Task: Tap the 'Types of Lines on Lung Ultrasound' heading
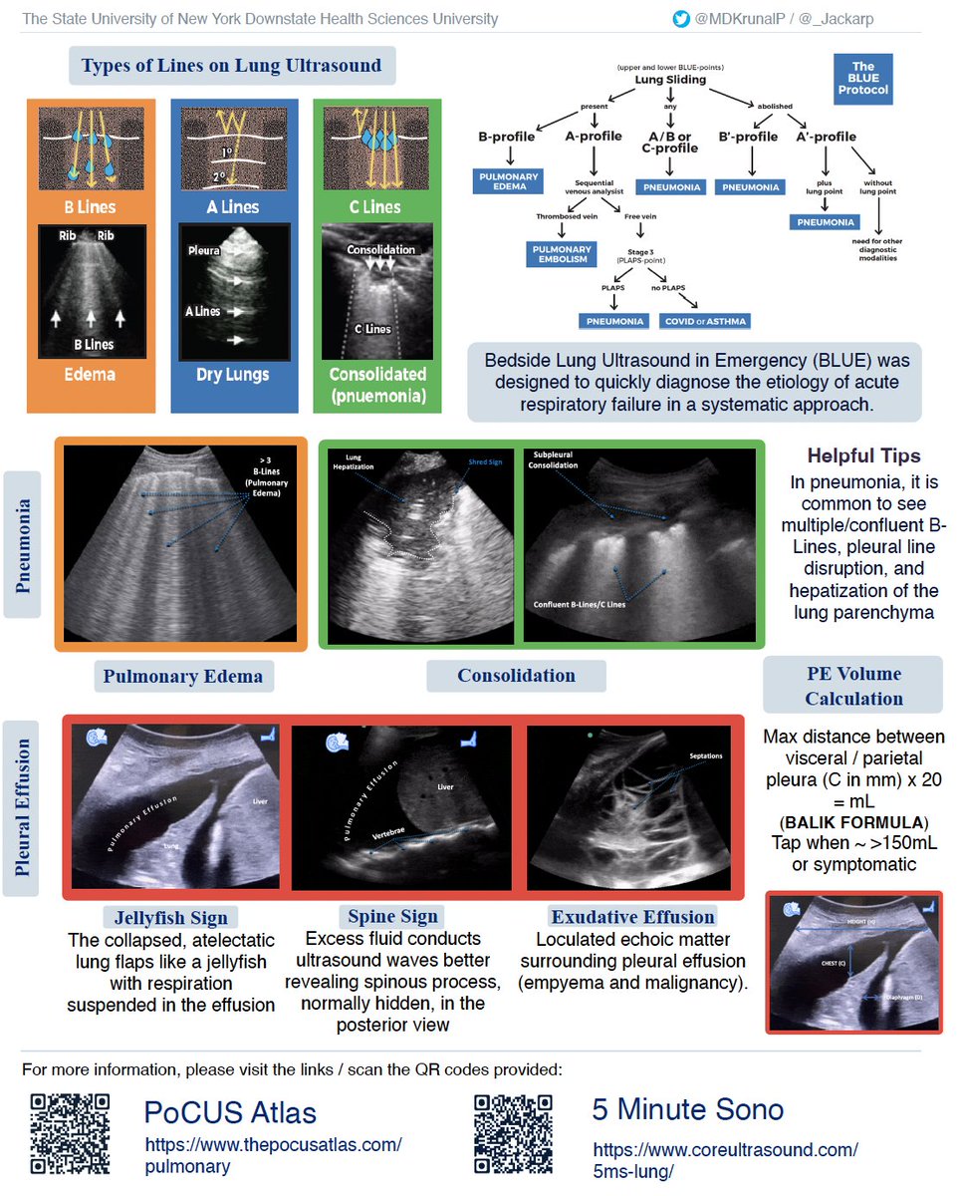pyautogui.click(x=231, y=67)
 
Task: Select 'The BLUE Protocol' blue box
pyautogui.click(x=862, y=81)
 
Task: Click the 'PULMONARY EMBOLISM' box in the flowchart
pyautogui.click(x=562, y=254)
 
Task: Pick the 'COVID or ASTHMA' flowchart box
pyautogui.click(x=707, y=321)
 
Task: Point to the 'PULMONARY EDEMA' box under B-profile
pyautogui.click(x=507, y=181)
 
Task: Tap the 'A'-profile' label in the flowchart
pyautogui.click(x=827, y=137)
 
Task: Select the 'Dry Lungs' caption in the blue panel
pyautogui.click(x=234, y=375)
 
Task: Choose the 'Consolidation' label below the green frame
pyautogui.click(x=516, y=676)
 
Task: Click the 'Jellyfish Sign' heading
pyautogui.click(x=169, y=918)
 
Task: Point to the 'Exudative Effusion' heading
pyautogui.click(x=632, y=917)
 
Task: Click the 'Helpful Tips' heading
pyautogui.click(x=863, y=455)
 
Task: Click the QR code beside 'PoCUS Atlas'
pyautogui.click(x=70, y=1133)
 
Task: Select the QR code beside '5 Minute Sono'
pyautogui.click(x=514, y=1133)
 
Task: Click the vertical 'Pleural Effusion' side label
pyautogui.click(x=21, y=808)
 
